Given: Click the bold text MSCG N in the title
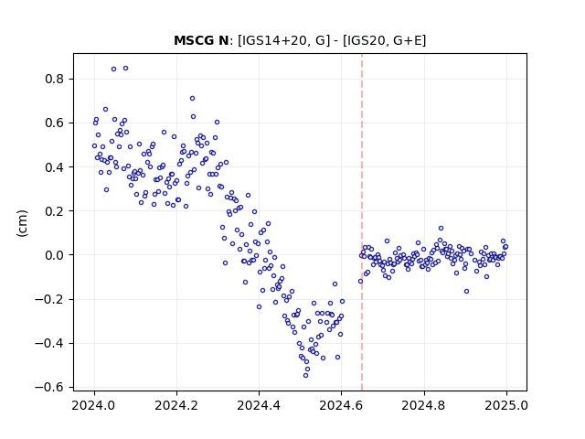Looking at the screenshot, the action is click(x=201, y=40).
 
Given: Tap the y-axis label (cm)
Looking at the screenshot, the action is click(x=22, y=223).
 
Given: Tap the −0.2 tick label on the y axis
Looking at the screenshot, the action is click(x=51, y=299).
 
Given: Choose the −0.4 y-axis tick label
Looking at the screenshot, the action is click(x=51, y=343).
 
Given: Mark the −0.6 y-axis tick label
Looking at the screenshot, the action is click(x=51, y=387).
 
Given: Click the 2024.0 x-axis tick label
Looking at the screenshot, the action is click(x=94, y=405).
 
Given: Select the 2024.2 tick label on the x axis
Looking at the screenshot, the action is click(x=176, y=405).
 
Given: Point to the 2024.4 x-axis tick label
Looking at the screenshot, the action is click(x=259, y=405).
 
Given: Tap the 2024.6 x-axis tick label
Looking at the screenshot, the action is click(x=341, y=405).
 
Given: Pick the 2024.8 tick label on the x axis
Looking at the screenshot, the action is click(x=424, y=405).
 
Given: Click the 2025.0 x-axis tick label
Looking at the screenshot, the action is click(x=506, y=405).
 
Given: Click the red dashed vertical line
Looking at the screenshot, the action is click(x=362, y=222).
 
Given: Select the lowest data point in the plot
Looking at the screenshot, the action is click(x=305, y=375).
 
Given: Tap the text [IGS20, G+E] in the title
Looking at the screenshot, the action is click(x=384, y=40).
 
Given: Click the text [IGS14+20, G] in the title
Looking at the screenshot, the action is click(x=283, y=40).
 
